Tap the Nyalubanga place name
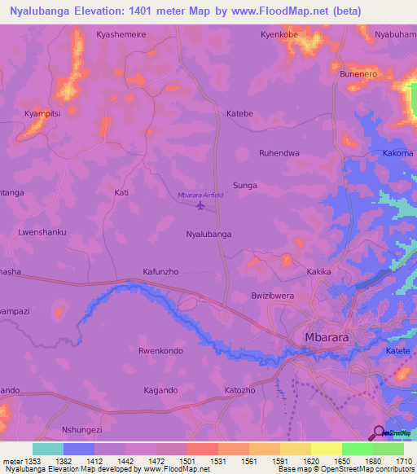pos(209,234)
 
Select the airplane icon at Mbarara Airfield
pos(200,205)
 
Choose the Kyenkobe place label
pos(281,35)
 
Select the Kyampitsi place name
pos(42,113)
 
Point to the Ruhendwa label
pos(279,152)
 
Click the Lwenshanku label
pos(42,232)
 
